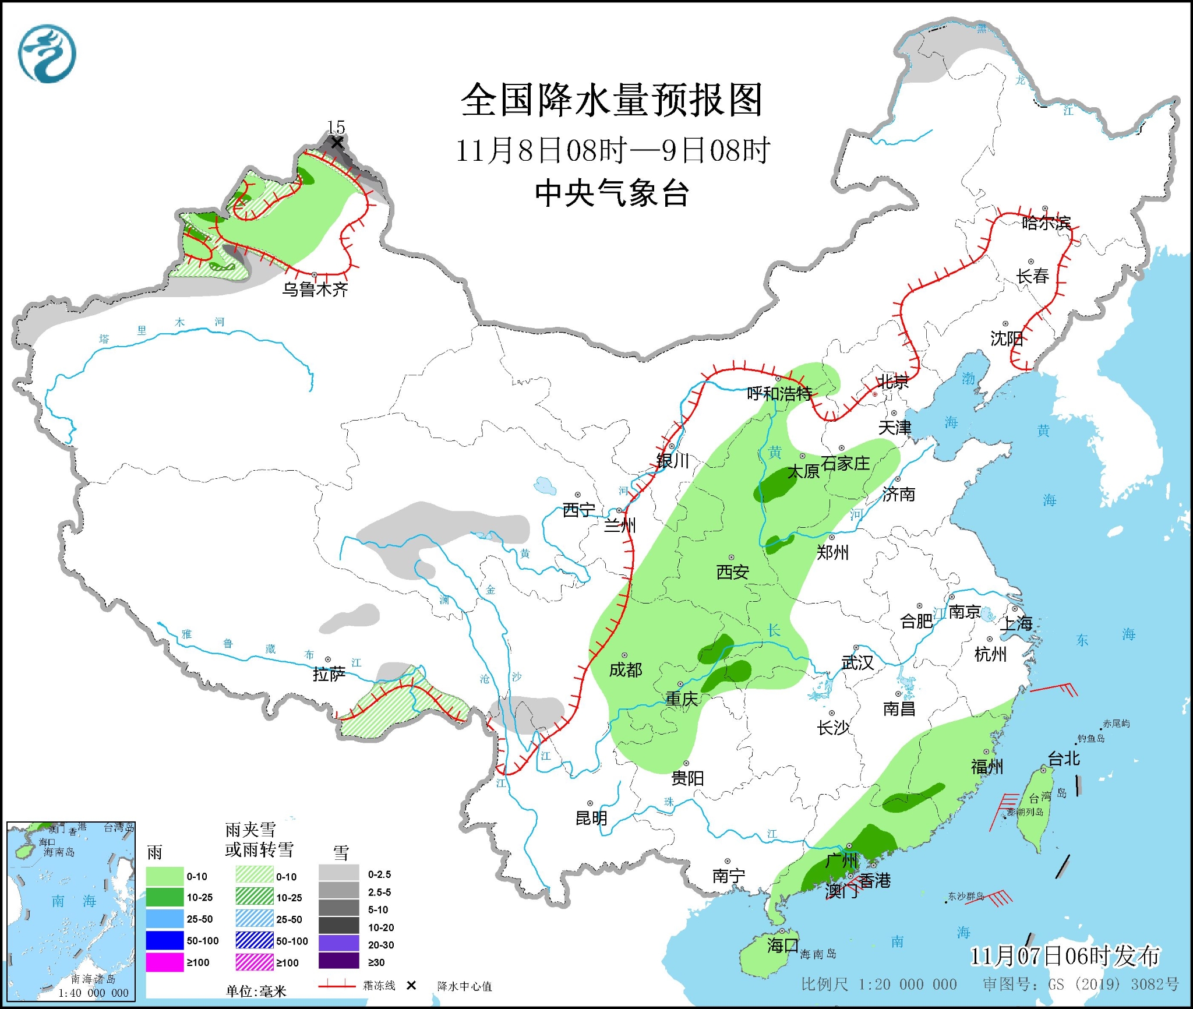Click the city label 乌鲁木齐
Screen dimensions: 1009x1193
point(315,289)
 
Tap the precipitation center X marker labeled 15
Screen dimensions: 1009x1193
point(336,143)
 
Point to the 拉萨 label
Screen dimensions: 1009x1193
point(329,674)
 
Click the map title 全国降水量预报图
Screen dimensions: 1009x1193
point(611,100)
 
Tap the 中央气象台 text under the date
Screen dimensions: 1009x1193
point(612,193)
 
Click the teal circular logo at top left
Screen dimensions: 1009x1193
point(47,54)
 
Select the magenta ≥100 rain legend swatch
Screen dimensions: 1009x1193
point(165,962)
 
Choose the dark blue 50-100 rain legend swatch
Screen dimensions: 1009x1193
point(165,940)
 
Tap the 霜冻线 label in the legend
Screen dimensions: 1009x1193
point(379,985)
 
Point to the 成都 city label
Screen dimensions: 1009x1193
point(625,670)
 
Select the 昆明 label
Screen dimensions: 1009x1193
point(591,818)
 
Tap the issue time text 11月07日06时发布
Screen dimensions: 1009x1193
point(1064,956)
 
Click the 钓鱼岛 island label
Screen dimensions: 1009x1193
point(1090,738)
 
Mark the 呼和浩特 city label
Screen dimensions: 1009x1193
point(779,394)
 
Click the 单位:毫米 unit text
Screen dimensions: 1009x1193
point(256,991)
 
